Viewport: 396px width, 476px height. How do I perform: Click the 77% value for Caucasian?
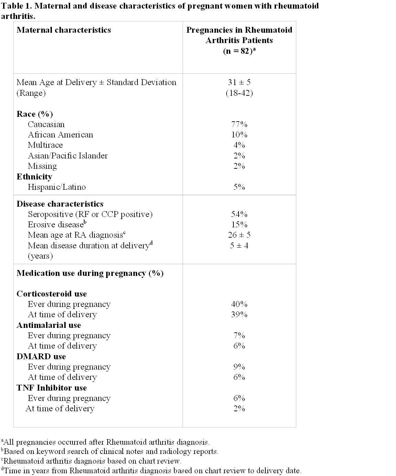tap(239, 124)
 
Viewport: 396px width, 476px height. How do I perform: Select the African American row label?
tap(60, 135)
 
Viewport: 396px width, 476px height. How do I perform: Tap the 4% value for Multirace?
tap(239, 145)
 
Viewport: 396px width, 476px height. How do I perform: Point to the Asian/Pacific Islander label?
tap(68, 156)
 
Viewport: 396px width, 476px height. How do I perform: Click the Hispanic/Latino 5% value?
tap(239, 187)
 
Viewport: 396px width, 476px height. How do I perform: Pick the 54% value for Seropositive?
tap(239, 214)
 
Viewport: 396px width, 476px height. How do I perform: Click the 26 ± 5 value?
tap(239, 235)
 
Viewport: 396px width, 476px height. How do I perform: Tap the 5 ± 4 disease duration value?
tap(239, 246)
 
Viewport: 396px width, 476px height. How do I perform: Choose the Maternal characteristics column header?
tap(64, 30)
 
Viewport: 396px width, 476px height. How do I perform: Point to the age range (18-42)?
tap(239, 93)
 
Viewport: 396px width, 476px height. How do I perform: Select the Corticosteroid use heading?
tap(52, 294)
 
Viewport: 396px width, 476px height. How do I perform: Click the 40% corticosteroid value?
tap(239, 304)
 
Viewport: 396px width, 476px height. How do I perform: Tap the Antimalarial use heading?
tap(49, 325)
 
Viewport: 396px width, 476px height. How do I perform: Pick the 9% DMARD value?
tap(239, 367)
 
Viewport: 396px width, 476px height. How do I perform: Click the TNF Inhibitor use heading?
tap(52, 388)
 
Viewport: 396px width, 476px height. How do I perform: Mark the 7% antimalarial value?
tap(239, 335)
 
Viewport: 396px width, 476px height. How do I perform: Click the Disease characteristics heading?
tap(60, 204)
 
